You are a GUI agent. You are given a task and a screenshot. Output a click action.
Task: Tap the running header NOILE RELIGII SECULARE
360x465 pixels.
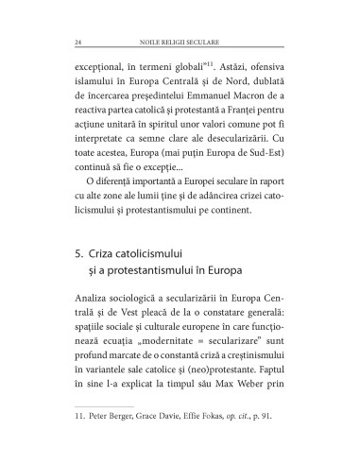[180, 41]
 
